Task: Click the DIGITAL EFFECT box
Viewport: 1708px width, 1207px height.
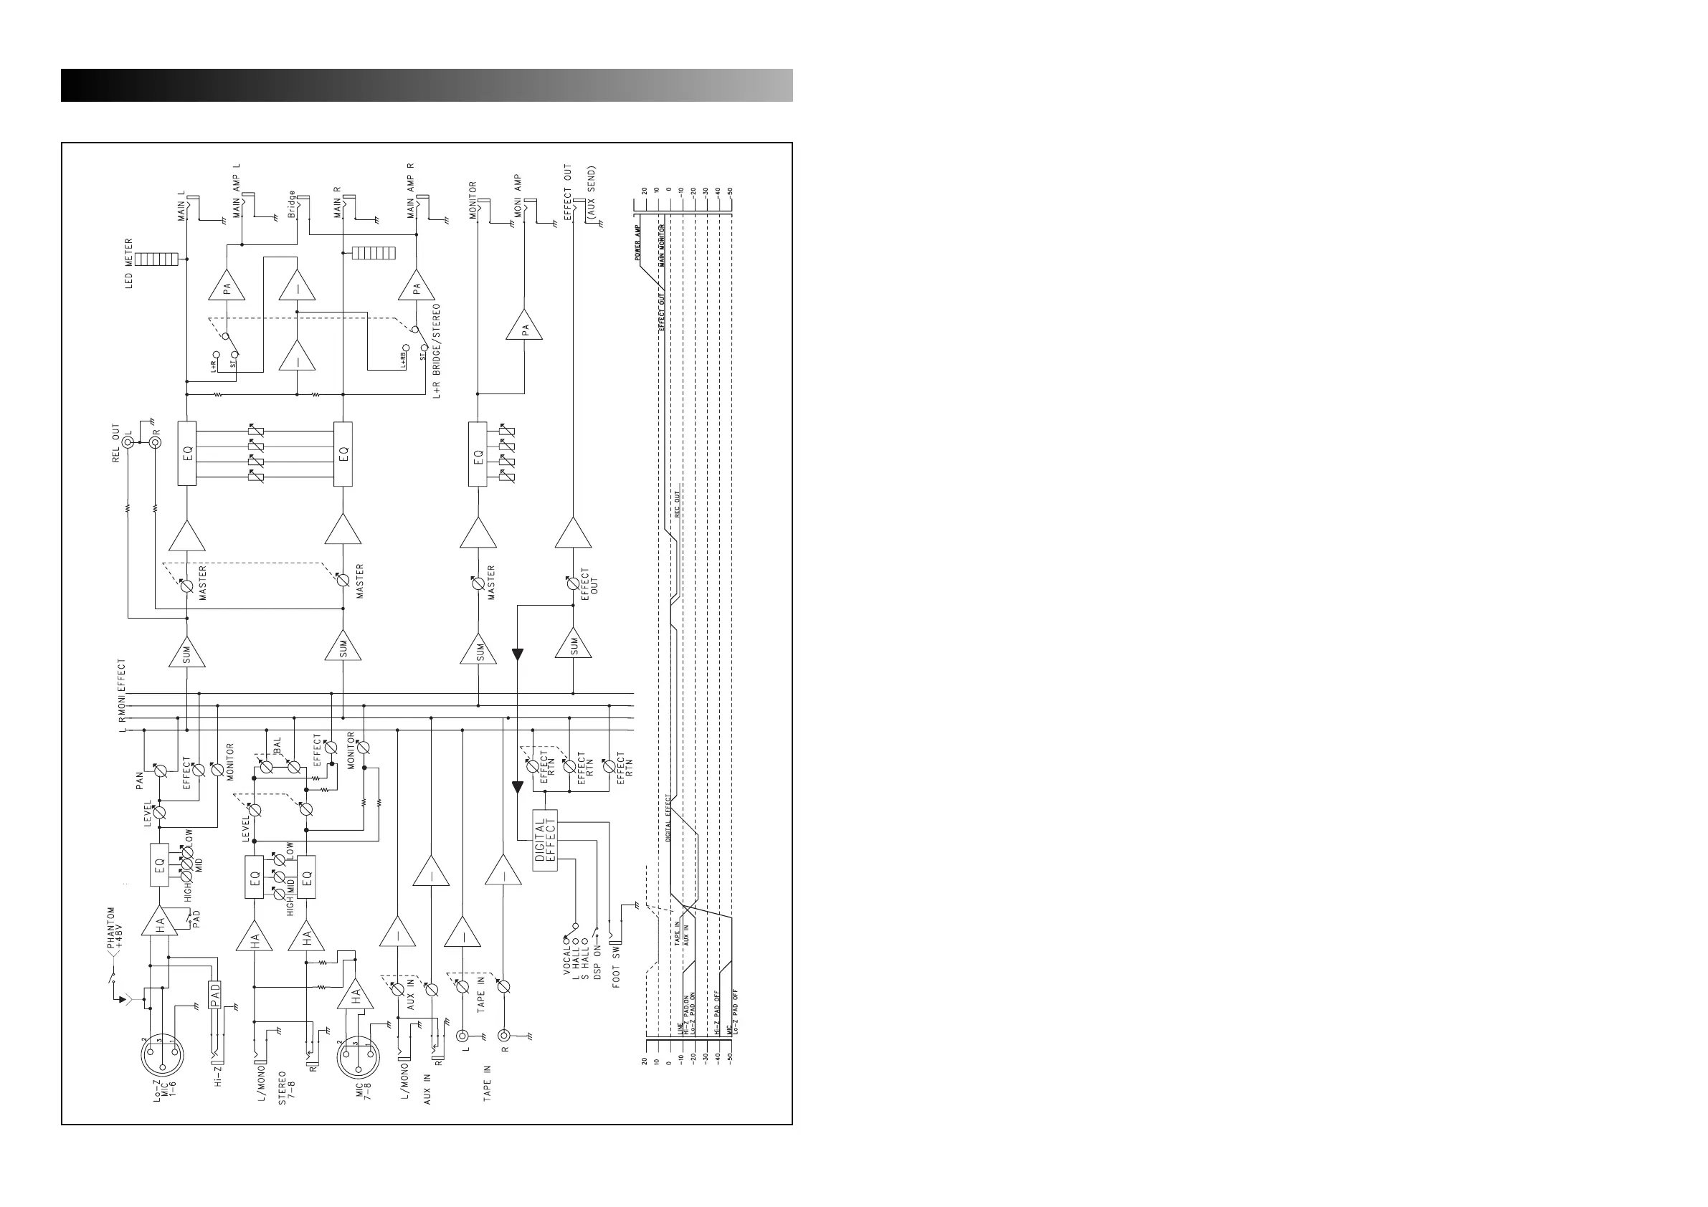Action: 544,839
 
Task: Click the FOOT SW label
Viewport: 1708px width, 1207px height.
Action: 617,966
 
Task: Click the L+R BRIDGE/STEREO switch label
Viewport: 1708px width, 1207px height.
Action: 437,350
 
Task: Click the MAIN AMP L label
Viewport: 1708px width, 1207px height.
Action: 237,190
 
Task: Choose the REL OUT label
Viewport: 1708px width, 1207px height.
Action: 116,443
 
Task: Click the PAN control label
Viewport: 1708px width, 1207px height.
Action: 139,780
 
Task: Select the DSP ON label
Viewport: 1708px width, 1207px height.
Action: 597,965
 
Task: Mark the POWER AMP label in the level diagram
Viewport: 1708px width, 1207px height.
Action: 637,242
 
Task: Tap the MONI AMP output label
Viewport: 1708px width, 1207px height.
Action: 517,196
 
